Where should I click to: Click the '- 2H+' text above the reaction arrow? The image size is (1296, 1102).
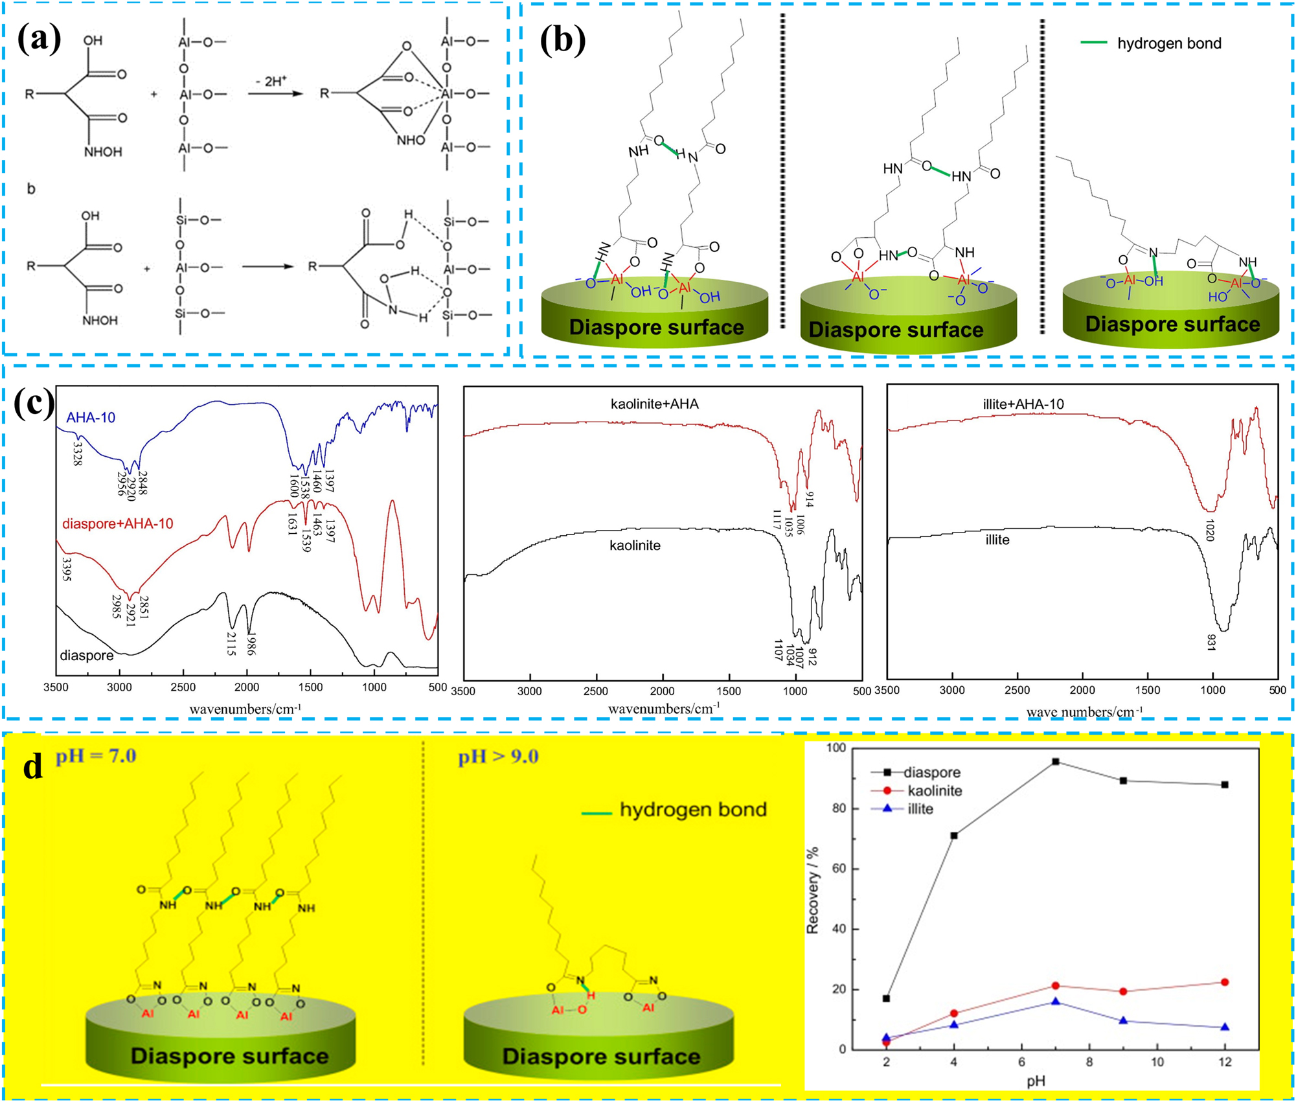271,81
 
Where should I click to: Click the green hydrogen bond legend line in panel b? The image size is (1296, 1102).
1093,43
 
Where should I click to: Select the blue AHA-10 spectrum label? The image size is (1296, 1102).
91,418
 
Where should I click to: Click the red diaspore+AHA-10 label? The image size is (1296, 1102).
117,523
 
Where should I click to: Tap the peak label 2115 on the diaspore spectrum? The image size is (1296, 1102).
231,643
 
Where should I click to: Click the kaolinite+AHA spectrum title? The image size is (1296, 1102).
654,404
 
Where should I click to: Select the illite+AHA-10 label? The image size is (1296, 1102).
1023,404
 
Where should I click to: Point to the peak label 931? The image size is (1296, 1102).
1211,642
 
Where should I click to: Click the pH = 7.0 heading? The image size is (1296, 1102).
96,756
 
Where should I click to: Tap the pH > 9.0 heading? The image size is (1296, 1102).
498,757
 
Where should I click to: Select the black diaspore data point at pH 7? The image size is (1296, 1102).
1055,762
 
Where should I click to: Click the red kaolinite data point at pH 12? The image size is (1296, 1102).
1224,982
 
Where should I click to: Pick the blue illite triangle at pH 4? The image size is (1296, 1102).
953,1024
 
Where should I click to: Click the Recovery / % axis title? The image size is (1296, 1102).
813,891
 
